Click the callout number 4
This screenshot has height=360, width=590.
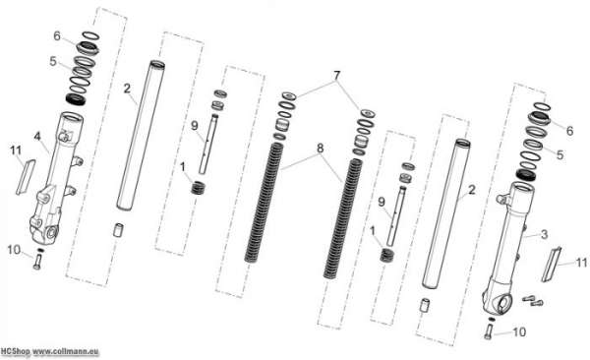pyautogui.click(x=37, y=137)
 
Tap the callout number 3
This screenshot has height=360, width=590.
pyautogui.click(x=544, y=235)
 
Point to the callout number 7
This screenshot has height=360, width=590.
pyautogui.click(x=336, y=76)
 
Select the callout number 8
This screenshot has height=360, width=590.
pyautogui.click(x=320, y=148)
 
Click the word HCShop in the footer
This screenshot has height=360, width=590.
pyautogui.click(x=15, y=351)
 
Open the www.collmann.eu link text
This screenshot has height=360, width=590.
pyautogui.click(x=66, y=352)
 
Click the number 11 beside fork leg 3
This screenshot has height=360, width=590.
pyautogui.click(x=582, y=263)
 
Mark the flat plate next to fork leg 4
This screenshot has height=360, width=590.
pyautogui.click(x=26, y=177)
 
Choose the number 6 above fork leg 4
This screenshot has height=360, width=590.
pyautogui.click(x=57, y=36)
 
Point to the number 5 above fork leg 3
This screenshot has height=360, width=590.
pyautogui.click(x=560, y=154)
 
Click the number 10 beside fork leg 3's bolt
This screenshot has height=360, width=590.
pyautogui.click(x=519, y=332)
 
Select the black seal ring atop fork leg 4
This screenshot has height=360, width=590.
pyautogui.click(x=76, y=99)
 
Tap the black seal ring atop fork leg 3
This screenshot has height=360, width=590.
pyautogui.click(x=525, y=174)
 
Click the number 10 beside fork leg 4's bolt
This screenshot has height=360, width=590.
pyautogui.click(x=14, y=250)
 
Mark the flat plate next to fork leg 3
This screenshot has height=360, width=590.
pyautogui.click(x=552, y=264)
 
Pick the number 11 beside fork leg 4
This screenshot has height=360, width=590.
pyautogui.click(x=16, y=150)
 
